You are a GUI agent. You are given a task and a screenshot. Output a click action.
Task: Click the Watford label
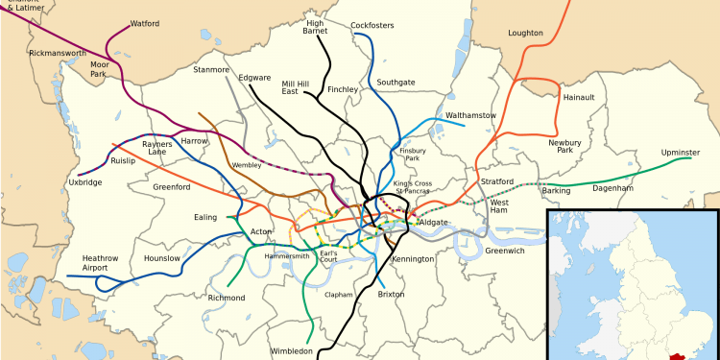pyautogui.click(x=145, y=23)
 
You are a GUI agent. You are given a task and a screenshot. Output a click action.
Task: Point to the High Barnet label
pyautogui.click(x=315, y=27)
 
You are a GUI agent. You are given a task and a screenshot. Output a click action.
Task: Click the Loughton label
pyautogui.click(x=525, y=33)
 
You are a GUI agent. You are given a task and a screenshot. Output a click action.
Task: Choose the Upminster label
pyautogui.click(x=681, y=154)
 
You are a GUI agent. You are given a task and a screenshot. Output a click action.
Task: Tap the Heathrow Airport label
pyautogui.click(x=101, y=263)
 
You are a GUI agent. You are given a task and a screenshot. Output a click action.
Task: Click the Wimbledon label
pyautogui.click(x=292, y=352)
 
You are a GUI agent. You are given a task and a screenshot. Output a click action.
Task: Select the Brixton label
pyautogui.click(x=391, y=295)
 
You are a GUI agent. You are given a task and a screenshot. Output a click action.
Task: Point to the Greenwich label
pyautogui.click(x=504, y=251)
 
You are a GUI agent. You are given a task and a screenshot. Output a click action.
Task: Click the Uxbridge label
pyautogui.click(x=84, y=182)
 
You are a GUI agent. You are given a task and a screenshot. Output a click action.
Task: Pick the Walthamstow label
pyautogui.click(x=470, y=116)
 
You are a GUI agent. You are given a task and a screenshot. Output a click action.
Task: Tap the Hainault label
pyautogui.click(x=579, y=98)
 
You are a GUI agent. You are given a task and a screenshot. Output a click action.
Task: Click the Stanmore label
pyautogui.click(x=211, y=70)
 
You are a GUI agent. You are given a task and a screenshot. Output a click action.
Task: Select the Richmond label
pyautogui.click(x=227, y=299)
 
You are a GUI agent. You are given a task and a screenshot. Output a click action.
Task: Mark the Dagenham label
pyautogui.click(x=612, y=189)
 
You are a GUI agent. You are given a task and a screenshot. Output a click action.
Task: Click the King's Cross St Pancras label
pyautogui.click(x=412, y=187)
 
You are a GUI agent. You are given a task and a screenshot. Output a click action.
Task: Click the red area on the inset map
pyautogui.click(x=683, y=356)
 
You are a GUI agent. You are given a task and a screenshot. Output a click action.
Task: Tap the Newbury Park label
pyautogui.click(x=566, y=147)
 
